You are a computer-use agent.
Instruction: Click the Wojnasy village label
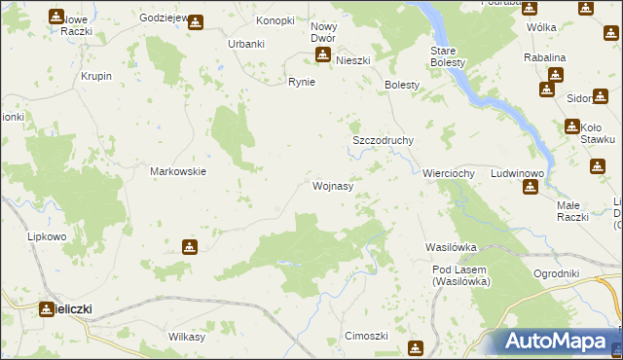click(332, 185)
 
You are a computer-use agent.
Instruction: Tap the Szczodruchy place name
click(383, 140)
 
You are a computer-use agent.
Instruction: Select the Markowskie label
click(177, 171)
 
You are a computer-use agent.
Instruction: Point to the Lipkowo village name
click(46, 236)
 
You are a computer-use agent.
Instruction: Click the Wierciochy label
click(448, 173)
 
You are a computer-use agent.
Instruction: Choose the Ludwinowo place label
click(517, 173)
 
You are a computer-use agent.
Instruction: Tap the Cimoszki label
click(367, 336)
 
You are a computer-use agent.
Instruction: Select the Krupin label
click(96, 76)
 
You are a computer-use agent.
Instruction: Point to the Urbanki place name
click(246, 44)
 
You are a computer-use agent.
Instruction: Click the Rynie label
click(301, 82)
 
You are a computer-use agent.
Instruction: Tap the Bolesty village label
click(402, 85)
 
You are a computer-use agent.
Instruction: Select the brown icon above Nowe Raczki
click(55, 18)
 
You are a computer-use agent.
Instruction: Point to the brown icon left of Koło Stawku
click(571, 126)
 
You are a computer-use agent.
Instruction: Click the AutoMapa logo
click(558, 342)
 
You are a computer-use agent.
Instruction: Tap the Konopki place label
click(275, 20)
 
